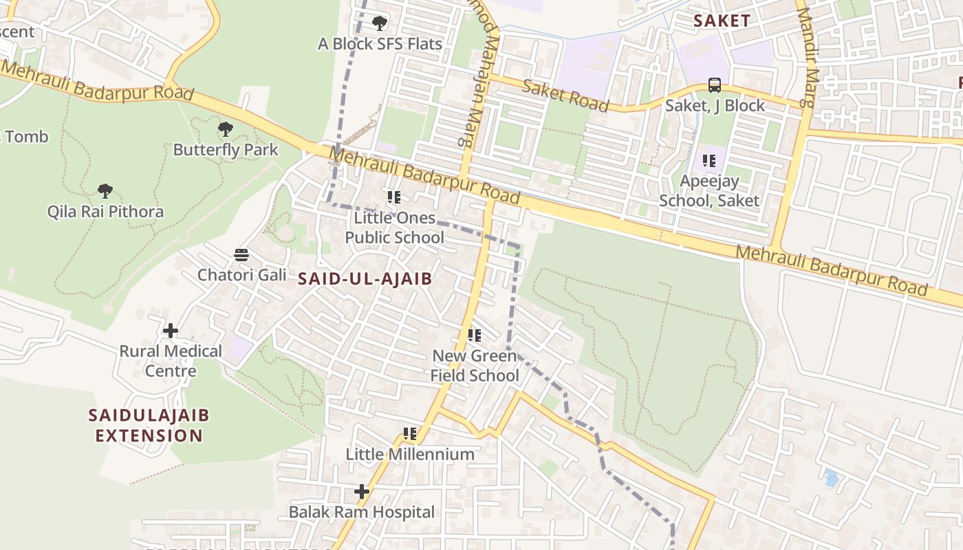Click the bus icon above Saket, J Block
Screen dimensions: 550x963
click(x=715, y=86)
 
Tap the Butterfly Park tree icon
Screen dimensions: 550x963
click(x=225, y=129)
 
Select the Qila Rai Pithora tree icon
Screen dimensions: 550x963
click(x=105, y=190)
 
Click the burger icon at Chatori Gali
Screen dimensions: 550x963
click(x=241, y=255)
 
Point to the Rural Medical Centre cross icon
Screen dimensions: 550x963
click(x=171, y=331)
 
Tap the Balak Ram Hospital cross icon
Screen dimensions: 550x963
click(x=362, y=492)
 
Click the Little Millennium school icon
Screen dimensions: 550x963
click(x=410, y=434)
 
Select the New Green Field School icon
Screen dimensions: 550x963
click(x=475, y=335)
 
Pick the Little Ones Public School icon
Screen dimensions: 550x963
click(x=394, y=197)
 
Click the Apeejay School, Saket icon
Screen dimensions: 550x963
click(x=709, y=161)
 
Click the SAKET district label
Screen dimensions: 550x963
click(x=722, y=21)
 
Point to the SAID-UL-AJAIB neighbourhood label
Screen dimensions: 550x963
click(x=365, y=278)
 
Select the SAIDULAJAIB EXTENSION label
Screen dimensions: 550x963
click(x=149, y=426)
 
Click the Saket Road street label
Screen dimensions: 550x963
click(x=565, y=96)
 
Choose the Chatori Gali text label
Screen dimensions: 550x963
click(x=242, y=275)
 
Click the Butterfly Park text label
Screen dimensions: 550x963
click(x=226, y=150)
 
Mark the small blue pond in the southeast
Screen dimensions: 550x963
click(x=831, y=477)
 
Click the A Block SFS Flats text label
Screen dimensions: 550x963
click(x=380, y=44)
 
